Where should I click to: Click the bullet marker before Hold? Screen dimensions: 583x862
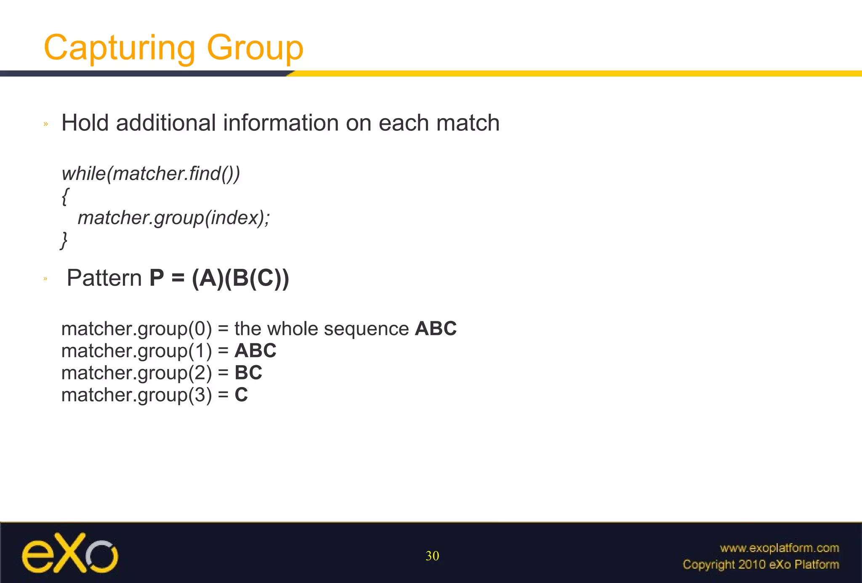[x=46, y=124]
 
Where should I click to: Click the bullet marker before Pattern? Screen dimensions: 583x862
[x=45, y=279]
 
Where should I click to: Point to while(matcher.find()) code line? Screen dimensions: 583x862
[x=151, y=174]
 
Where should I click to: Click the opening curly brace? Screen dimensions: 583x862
[x=65, y=196]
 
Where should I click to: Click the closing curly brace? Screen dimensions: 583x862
[x=64, y=240]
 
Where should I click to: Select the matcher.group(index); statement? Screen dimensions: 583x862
[x=173, y=218]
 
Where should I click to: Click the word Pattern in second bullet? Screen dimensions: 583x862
[x=104, y=278]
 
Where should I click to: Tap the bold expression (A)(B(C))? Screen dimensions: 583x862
[x=240, y=278]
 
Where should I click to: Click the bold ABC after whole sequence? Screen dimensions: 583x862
[x=436, y=329]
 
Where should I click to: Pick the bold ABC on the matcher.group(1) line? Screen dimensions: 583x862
[x=255, y=351]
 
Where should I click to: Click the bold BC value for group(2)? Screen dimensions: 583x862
[x=248, y=373]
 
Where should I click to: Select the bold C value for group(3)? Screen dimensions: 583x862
[x=241, y=395]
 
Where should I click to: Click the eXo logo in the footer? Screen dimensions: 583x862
[x=70, y=554]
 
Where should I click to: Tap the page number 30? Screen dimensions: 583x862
[x=432, y=556]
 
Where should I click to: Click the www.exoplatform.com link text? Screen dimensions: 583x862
[x=779, y=548]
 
